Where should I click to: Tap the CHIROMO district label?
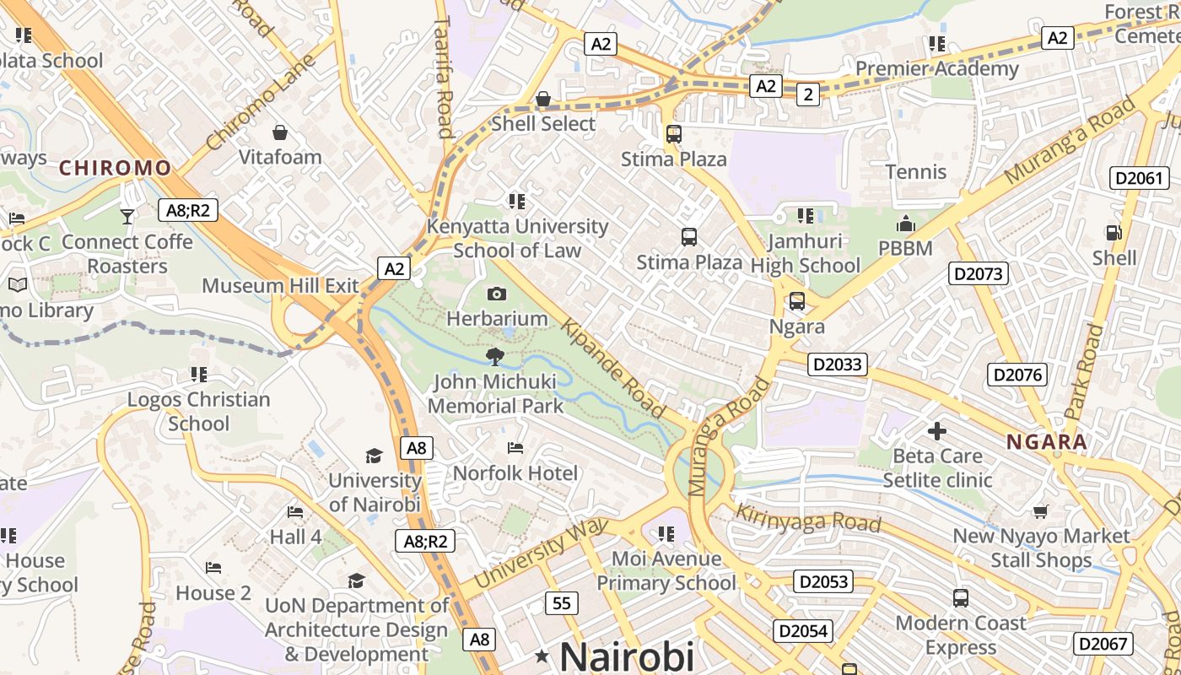[x=115, y=168]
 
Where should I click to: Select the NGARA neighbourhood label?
[x=1046, y=442]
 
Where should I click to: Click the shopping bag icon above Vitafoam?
[x=280, y=132]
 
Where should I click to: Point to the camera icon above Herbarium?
[x=497, y=294]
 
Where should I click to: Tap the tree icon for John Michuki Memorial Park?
[x=495, y=357]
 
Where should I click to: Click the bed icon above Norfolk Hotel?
[x=515, y=448]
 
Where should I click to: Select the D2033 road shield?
[x=838, y=364]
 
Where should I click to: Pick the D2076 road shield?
[x=1017, y=375]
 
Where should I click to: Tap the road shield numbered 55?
[x=562, y=602]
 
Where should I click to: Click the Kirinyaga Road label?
[x=808, y=517]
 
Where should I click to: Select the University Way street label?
[x=541, y=553]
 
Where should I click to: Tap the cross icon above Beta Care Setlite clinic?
[x=936, y=431]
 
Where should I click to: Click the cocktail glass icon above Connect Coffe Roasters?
[x=127, y=217]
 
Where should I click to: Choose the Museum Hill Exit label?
[x=280, y=285]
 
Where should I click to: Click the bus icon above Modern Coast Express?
[x=960, y=598]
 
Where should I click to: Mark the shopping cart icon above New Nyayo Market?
[x=1041, y=511]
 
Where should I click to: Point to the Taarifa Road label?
[x=445, y=79]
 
